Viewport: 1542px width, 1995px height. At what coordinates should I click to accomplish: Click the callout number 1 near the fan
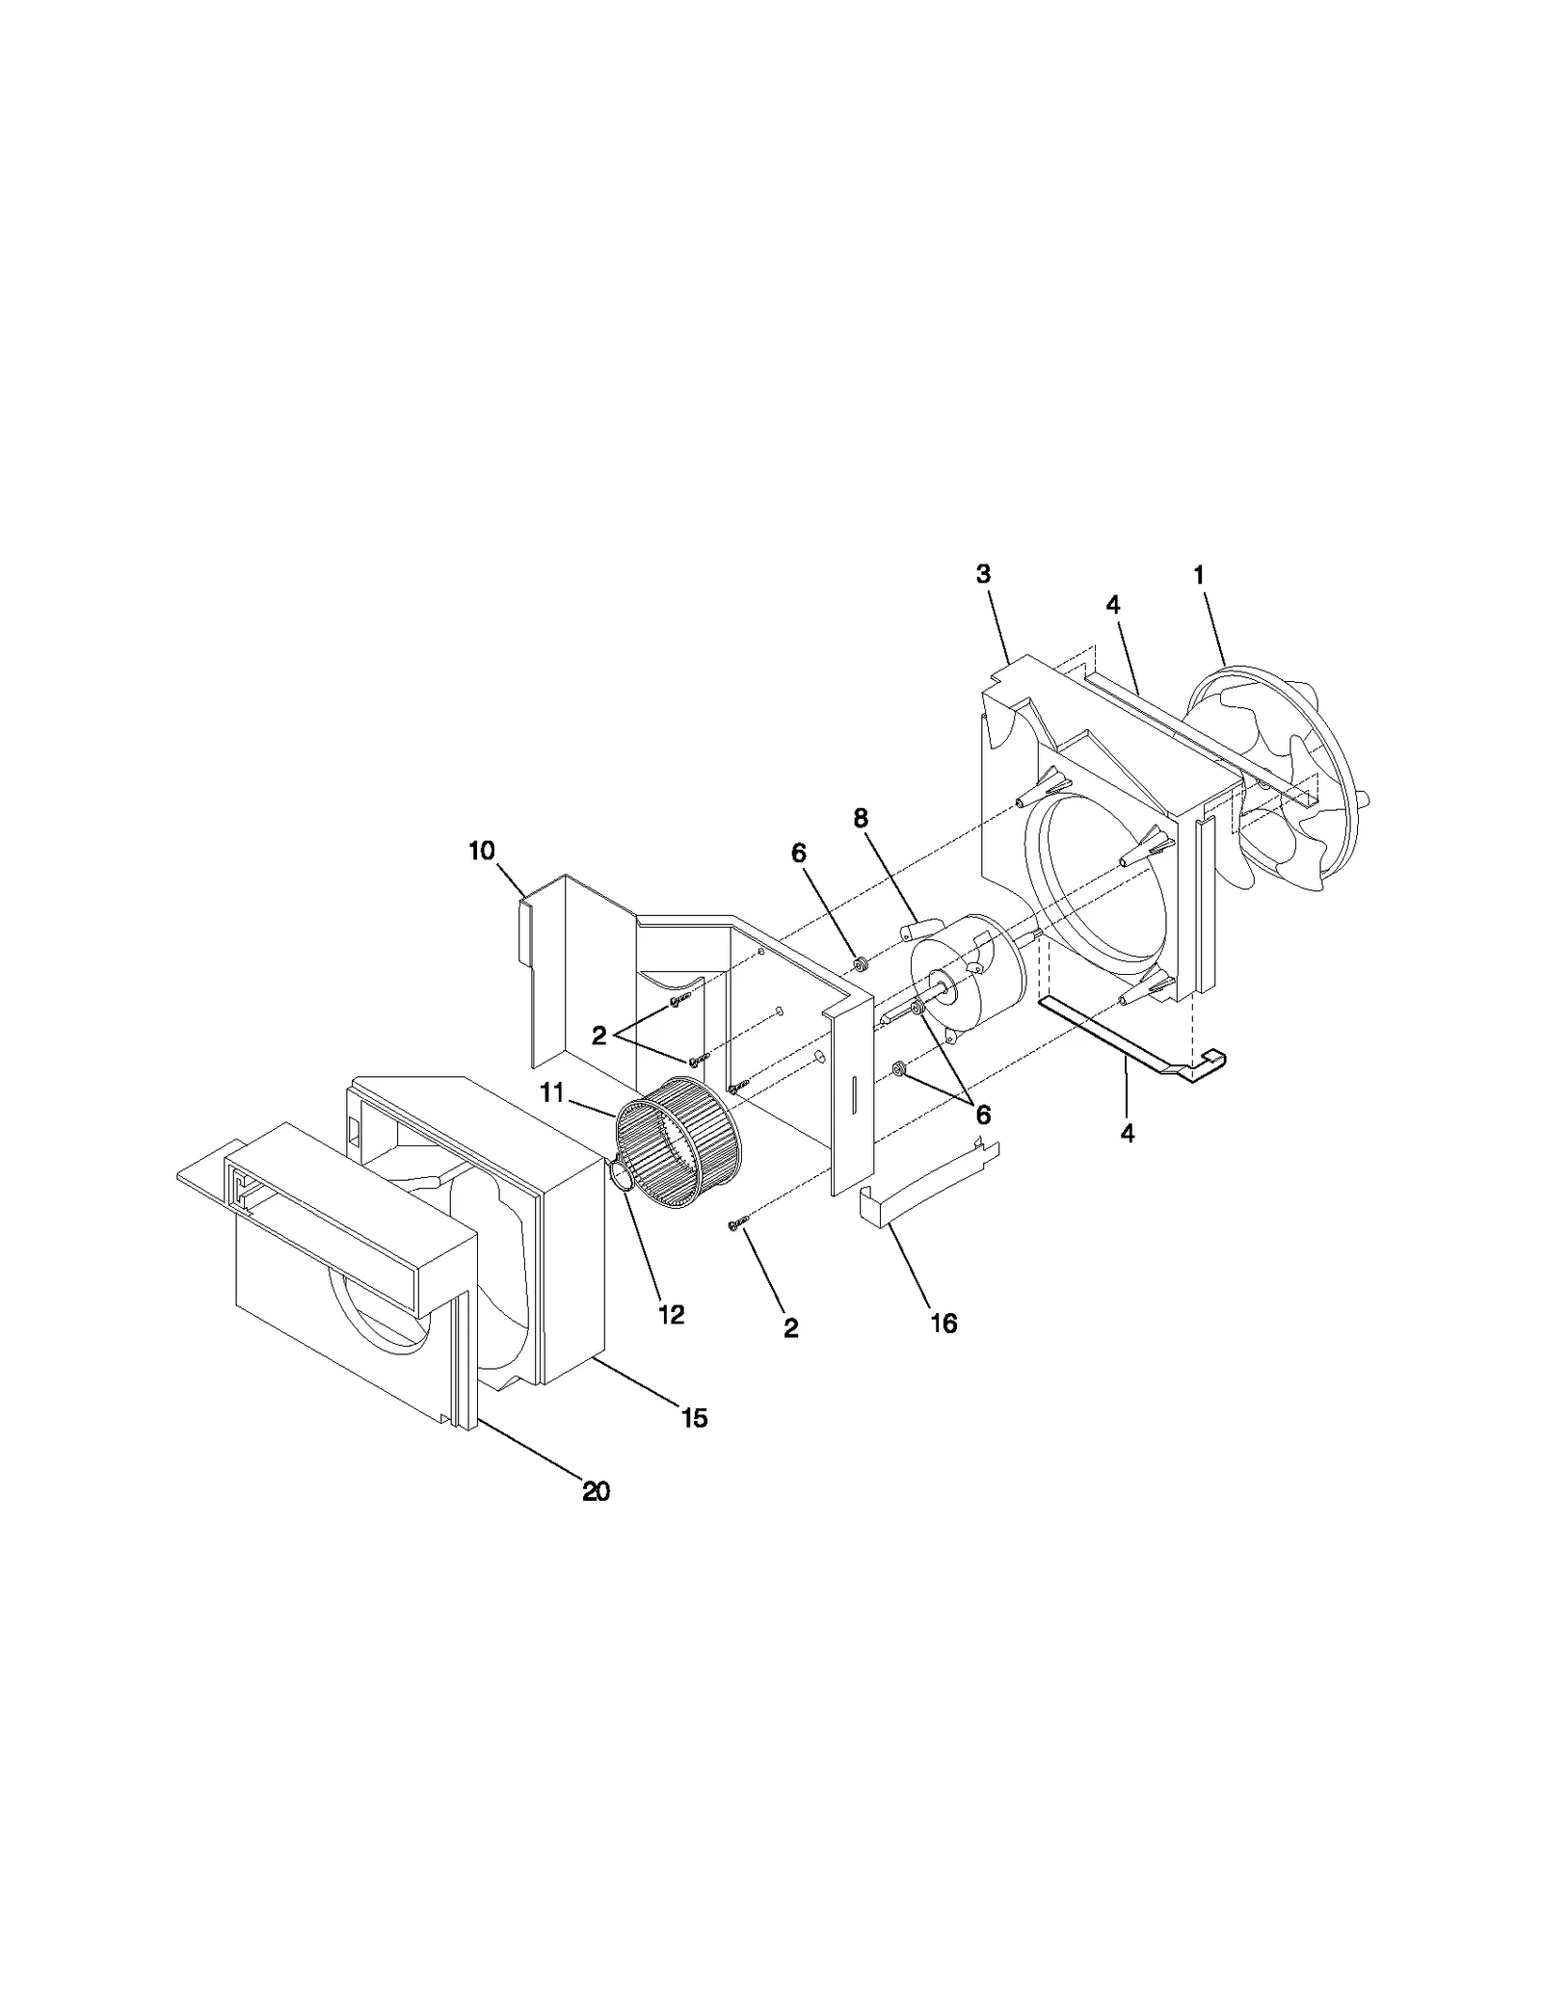coord(1198,576)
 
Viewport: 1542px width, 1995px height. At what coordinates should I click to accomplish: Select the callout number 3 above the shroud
coord(982,574)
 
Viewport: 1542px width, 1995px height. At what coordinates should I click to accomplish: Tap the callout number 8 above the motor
coord(860,819)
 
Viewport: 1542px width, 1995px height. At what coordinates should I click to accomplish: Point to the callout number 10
coord(482,851)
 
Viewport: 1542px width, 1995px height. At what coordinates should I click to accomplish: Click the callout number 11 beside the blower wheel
coord(551,1094)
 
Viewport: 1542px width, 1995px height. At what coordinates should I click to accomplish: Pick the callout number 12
coord(671,1315)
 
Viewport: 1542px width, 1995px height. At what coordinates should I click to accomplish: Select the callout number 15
coord(694,1418)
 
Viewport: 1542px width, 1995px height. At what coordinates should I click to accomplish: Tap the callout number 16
coord(944,1324)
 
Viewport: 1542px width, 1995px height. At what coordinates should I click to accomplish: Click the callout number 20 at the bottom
coord(596,1492)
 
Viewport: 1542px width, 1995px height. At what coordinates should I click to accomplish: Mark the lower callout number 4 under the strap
coord(1127,1134)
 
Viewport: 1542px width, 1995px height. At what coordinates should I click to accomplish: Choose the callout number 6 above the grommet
coord(799,853)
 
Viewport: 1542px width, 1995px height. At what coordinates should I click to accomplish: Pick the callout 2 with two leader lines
coord(598,1036)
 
